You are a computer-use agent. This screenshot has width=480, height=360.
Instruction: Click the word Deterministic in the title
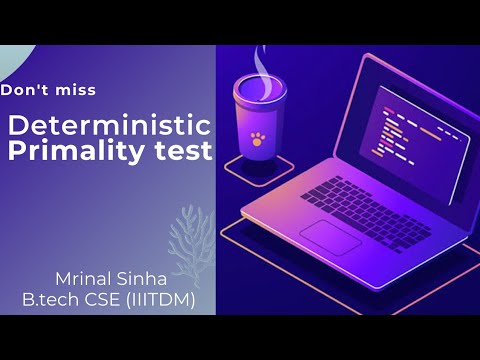click(x=109, y=126)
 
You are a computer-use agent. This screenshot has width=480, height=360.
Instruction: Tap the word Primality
click(x=69, y=151)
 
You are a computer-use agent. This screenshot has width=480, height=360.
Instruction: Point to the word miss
click(x=77, y=91)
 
